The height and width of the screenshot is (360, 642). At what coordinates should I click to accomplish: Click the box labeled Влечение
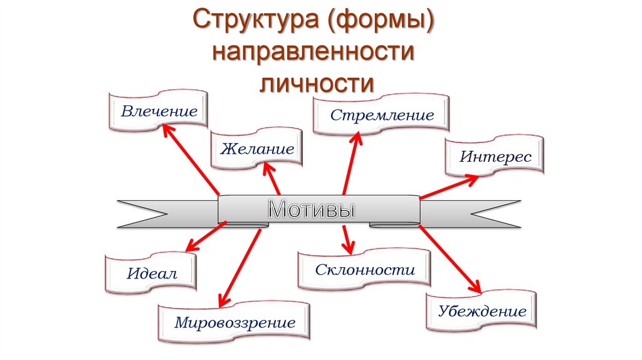coord(159,112)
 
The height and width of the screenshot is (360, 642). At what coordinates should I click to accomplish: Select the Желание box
coord(256,149)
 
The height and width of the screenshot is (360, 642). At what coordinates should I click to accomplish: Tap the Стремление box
coord(382,115)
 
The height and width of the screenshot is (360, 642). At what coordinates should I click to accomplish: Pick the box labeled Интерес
coord(495,156)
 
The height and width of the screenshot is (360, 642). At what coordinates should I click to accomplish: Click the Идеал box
coord(152,273)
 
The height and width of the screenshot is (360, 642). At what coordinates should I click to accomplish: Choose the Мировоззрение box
coord(234,324)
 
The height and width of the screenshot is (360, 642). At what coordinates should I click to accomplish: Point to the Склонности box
coord(364,270)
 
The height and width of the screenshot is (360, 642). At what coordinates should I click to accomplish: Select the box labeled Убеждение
coord(481,311)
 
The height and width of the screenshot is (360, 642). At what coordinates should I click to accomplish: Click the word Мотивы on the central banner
coord(311,209)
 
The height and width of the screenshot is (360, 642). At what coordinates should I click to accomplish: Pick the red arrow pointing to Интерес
coord(448,188)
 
